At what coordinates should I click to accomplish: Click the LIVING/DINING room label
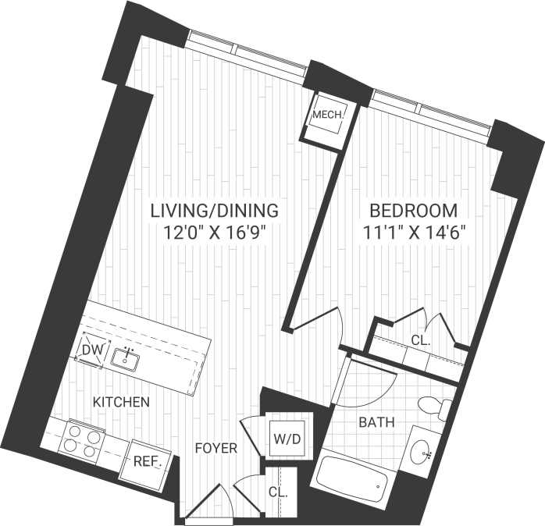tap(214, 211)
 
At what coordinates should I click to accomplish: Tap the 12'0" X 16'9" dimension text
tap(214, 232)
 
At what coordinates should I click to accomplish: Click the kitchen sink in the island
tap(126, 359)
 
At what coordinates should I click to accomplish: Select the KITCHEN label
tap(121, 403)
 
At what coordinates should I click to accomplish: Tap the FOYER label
tap(216, 449)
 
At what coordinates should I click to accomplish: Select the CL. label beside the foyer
tap(278, 493)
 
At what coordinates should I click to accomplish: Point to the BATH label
tap(376, 422)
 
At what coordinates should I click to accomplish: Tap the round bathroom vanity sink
tap(422, 450)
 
